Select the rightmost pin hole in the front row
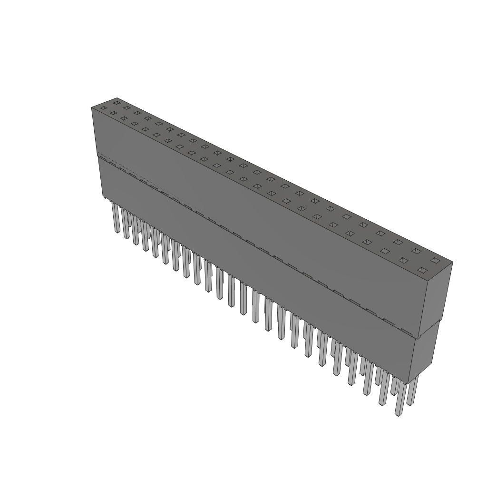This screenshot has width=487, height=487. pyautogui.click(x=422, y=270)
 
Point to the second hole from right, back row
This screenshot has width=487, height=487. pyautogui.click(x=417, y=251)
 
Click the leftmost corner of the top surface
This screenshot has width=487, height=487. pyautogui.click(x=92, y=108)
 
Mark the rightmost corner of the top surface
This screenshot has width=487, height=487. pyautogui.click(x=452, y=262)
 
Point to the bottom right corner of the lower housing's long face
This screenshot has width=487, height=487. pyautogui.click(x=408, y=382)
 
